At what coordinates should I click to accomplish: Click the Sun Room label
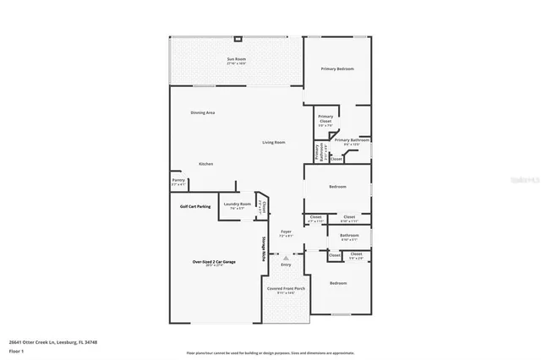tap(236, 59)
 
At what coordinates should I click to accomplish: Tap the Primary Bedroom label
tap(336, 68)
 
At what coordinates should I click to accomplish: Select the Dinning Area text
tap(202, 112)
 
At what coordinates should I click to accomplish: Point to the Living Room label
tap(273, 142)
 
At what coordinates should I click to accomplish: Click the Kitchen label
tap(205, 163)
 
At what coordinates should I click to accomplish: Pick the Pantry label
tap(178, 180)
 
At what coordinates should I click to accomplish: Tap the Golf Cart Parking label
tap(195, 205)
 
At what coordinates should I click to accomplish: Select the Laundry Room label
tap(237, 204)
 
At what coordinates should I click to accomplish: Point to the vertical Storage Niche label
tap(263, 250)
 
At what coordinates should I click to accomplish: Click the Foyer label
tap(285, 232)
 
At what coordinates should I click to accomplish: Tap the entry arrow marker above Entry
tap(285, 255)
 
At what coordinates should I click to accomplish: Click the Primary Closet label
tap(325, 121)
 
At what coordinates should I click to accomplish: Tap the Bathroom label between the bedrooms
tap(349, 236)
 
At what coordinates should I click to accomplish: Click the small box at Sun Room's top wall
tap(238, 39)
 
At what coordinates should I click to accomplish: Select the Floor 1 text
tap(16, 350)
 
